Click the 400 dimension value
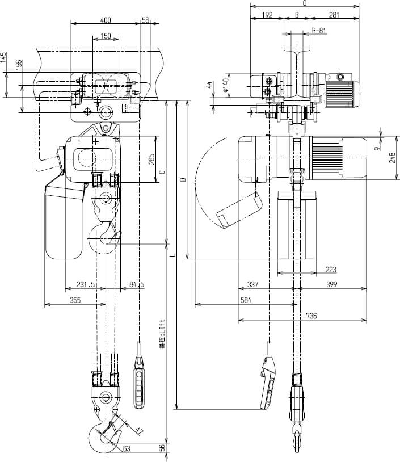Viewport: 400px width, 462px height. pyautogui.click(x=106, y=20)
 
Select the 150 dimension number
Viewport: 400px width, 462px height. pyautogui.click(x=106, y=36)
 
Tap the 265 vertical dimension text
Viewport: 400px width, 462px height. pyautogui.click(x=151, y=159)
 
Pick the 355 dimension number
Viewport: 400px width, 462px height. pyautogui.click(x=75, y=301)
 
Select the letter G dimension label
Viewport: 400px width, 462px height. pyautogui.click(x=305, y=3)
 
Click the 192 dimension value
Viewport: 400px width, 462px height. pyautogui.click(x=267, y=15)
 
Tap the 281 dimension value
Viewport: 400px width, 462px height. pyautogui.click(x=335, y=15)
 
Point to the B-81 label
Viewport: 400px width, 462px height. pyautogui.click(x=319, y=31)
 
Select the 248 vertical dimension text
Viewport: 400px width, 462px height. pyautogui.click(x=391, y=157)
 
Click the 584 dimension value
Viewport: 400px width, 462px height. pyautogui.click(x=245, y=301)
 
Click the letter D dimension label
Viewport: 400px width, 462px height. pyautogui.click(x=182, y=179)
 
